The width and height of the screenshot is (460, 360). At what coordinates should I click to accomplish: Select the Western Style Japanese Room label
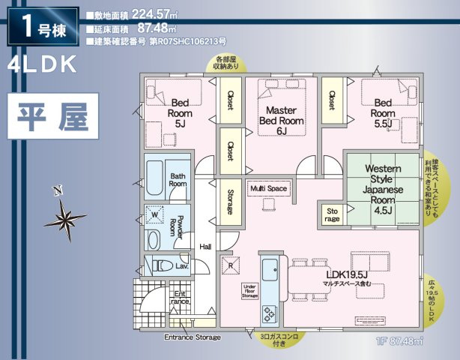384,190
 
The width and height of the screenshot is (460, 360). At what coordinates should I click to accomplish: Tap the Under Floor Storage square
251,290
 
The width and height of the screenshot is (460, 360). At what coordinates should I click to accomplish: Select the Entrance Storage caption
193,337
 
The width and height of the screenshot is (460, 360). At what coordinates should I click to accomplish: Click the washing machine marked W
155,215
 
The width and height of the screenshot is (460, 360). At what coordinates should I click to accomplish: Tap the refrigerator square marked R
231,265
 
